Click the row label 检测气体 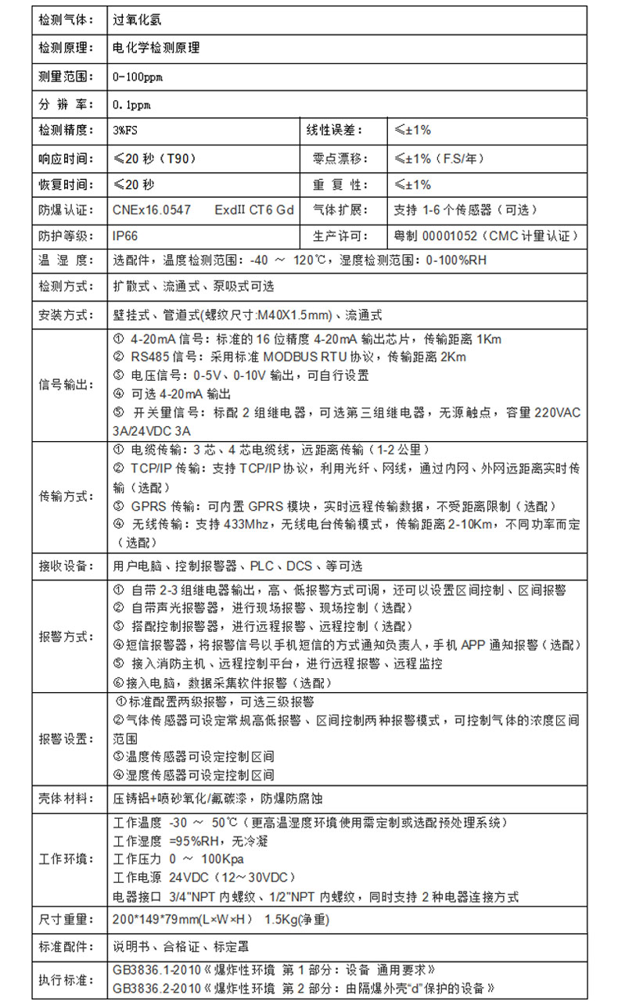pos(66,19)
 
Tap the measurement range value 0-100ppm pos(138,77)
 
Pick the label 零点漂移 pos(337,158)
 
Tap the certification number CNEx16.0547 pos(152,210)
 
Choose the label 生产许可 pos(337,235)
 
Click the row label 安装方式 pos(66,314)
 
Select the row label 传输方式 pos(66,496)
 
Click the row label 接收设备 pos(66,565)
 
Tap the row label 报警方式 pos(66,637)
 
